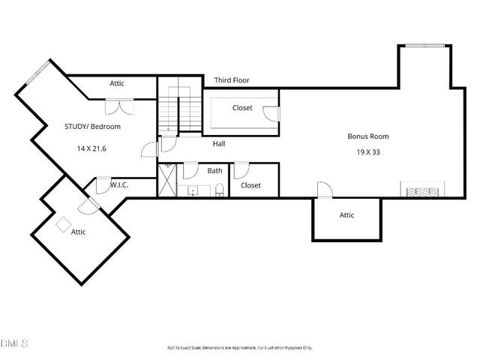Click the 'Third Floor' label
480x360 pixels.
click(x=232, y=80)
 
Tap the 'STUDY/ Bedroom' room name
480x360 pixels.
click(x=92, y=127)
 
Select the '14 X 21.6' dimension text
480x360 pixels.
click(x=91, y=148)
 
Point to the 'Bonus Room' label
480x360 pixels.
click(x=367, y=136)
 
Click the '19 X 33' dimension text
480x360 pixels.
click(x=367, y=151)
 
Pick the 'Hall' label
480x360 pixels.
click(x=219, y=143)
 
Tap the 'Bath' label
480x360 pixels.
click(x=214, y=170)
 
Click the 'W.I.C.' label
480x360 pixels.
click(x=121, y=184)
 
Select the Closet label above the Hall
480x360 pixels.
click(x=242, y=108)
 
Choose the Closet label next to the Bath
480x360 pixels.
click(x=250, y=185)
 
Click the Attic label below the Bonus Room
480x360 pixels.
click(x=346, y=215)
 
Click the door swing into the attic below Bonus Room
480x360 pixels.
click(x=325, y=190)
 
